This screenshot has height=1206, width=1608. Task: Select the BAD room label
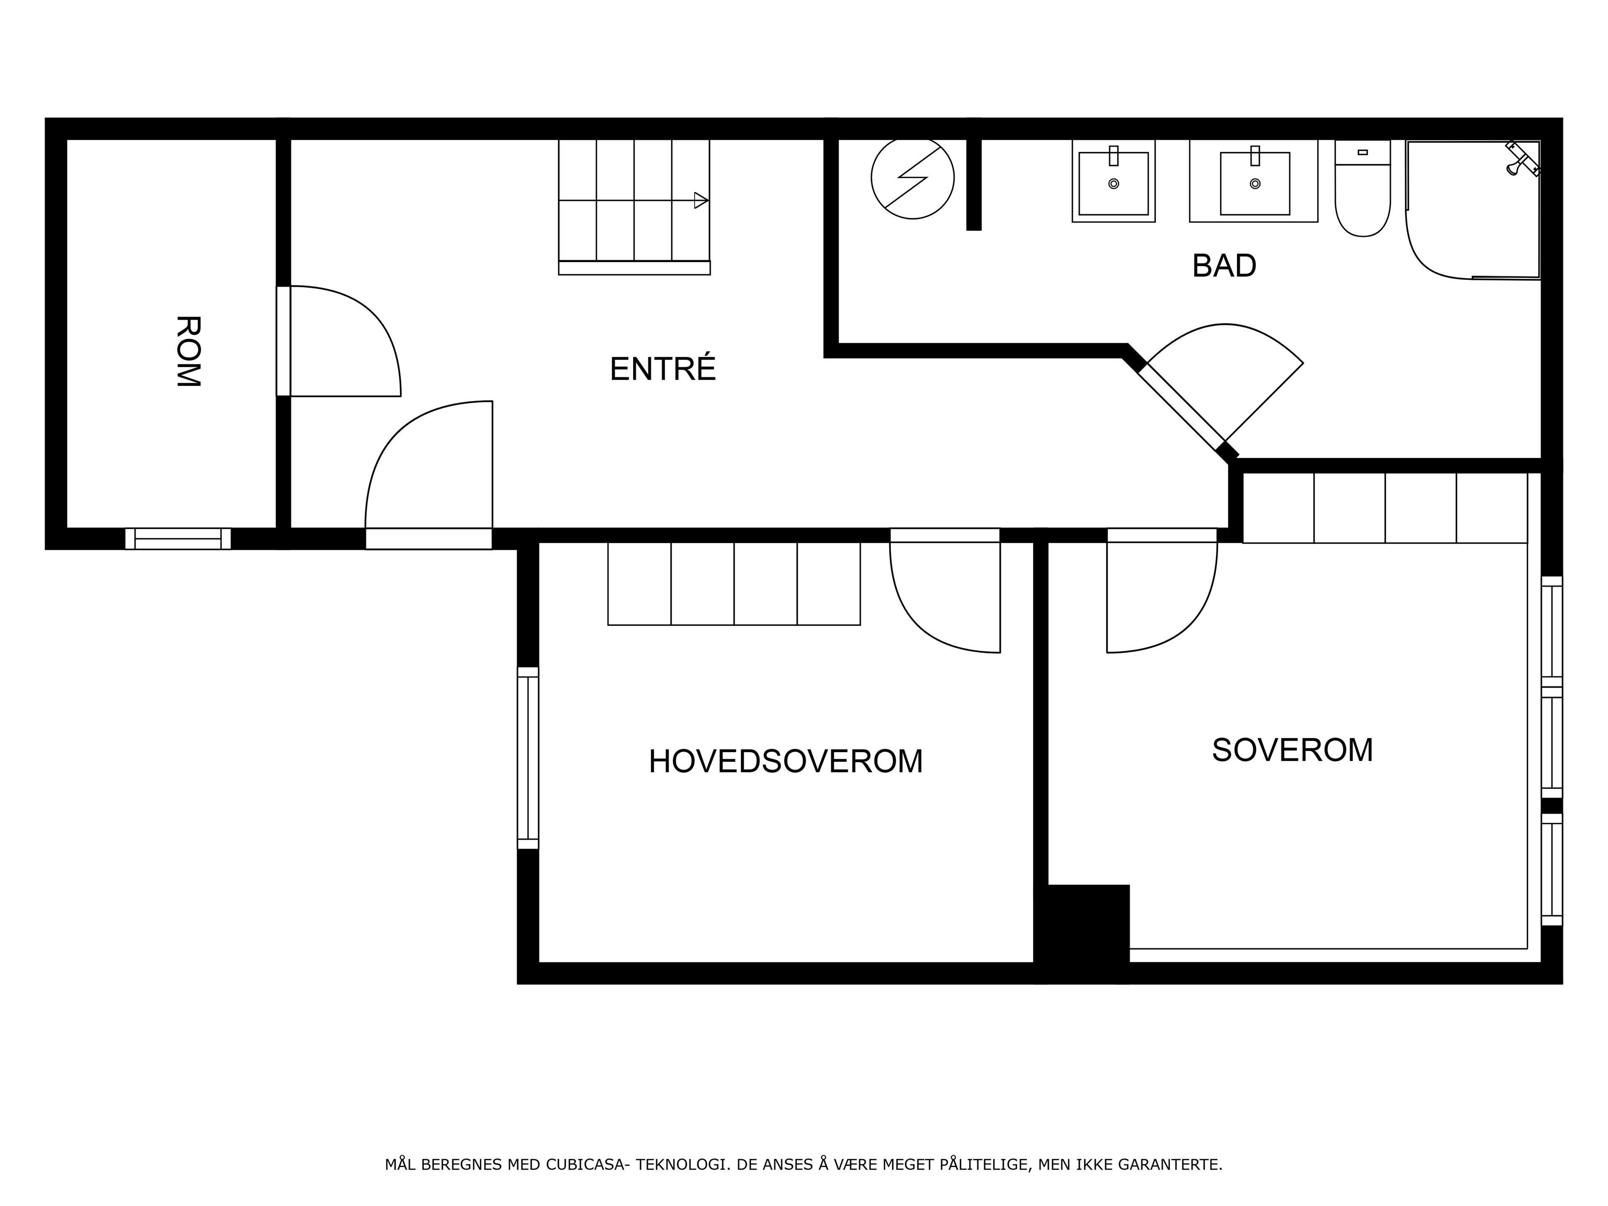(x=1224, y=265)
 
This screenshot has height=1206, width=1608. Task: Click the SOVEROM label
(x=1293, y=750)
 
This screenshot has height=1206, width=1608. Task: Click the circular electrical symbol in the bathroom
(x=912, y=178)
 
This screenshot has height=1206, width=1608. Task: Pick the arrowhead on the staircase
(x=701, y=200)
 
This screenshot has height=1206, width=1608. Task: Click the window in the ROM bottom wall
(x=178, y=539)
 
